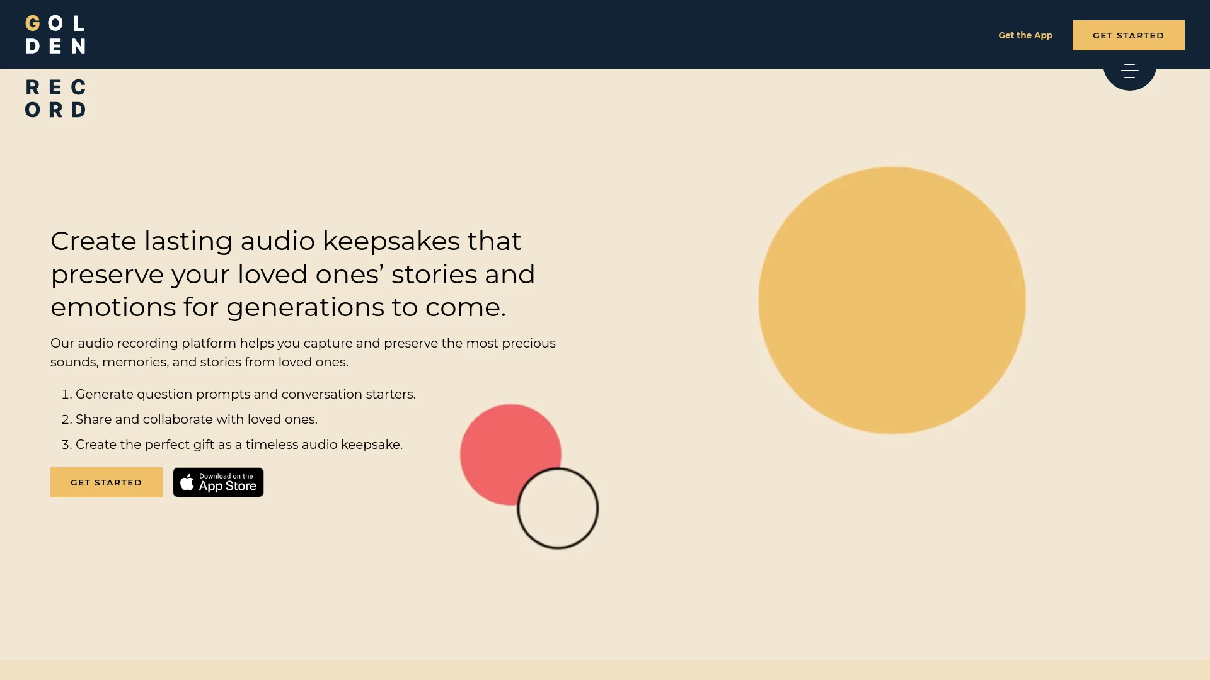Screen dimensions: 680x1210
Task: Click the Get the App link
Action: (1025, 35)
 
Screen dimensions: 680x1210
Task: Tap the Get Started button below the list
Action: (106, 482)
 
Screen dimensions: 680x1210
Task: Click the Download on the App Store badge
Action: (219, 482)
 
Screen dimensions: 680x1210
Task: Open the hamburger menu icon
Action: (1129, 71)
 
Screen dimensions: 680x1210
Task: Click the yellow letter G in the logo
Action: (33, 24)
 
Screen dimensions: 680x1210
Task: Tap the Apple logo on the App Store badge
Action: (187, 482)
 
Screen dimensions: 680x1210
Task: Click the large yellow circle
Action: (892, 300)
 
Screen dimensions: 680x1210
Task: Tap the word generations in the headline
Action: (305, 307)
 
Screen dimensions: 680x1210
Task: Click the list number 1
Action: (66, 395)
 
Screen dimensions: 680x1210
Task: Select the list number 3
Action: (66, 445)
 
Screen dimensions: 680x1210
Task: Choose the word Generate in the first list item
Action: (104, 394)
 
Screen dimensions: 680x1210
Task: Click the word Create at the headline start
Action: (93, 241)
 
